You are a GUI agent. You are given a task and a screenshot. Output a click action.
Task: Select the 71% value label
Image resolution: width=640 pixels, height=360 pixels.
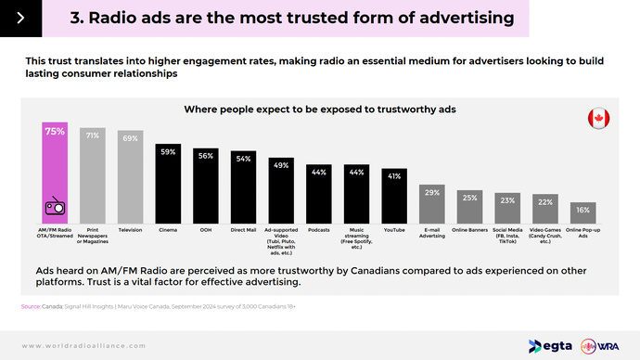[93, 135]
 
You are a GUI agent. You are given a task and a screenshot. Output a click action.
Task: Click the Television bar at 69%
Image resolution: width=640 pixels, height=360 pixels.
[130, 176]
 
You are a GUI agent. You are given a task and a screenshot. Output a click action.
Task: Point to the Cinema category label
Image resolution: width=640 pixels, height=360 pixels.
[167, 228]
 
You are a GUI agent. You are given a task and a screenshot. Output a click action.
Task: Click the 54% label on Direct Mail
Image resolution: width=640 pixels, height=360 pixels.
[243, 159]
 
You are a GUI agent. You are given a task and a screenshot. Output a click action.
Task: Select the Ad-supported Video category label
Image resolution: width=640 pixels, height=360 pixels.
[280, 238]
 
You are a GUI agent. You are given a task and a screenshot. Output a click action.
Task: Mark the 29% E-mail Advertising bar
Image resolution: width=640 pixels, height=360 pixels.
[431, 203]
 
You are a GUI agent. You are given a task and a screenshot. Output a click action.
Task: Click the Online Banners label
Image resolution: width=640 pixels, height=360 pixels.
[469, 228]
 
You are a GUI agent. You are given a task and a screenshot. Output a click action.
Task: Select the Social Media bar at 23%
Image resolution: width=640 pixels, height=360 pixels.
[507, 208]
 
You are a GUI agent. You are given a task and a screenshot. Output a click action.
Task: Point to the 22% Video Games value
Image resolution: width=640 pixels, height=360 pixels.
[545, 201]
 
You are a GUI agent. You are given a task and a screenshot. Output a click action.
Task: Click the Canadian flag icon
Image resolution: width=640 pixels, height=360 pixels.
[598, 119]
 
